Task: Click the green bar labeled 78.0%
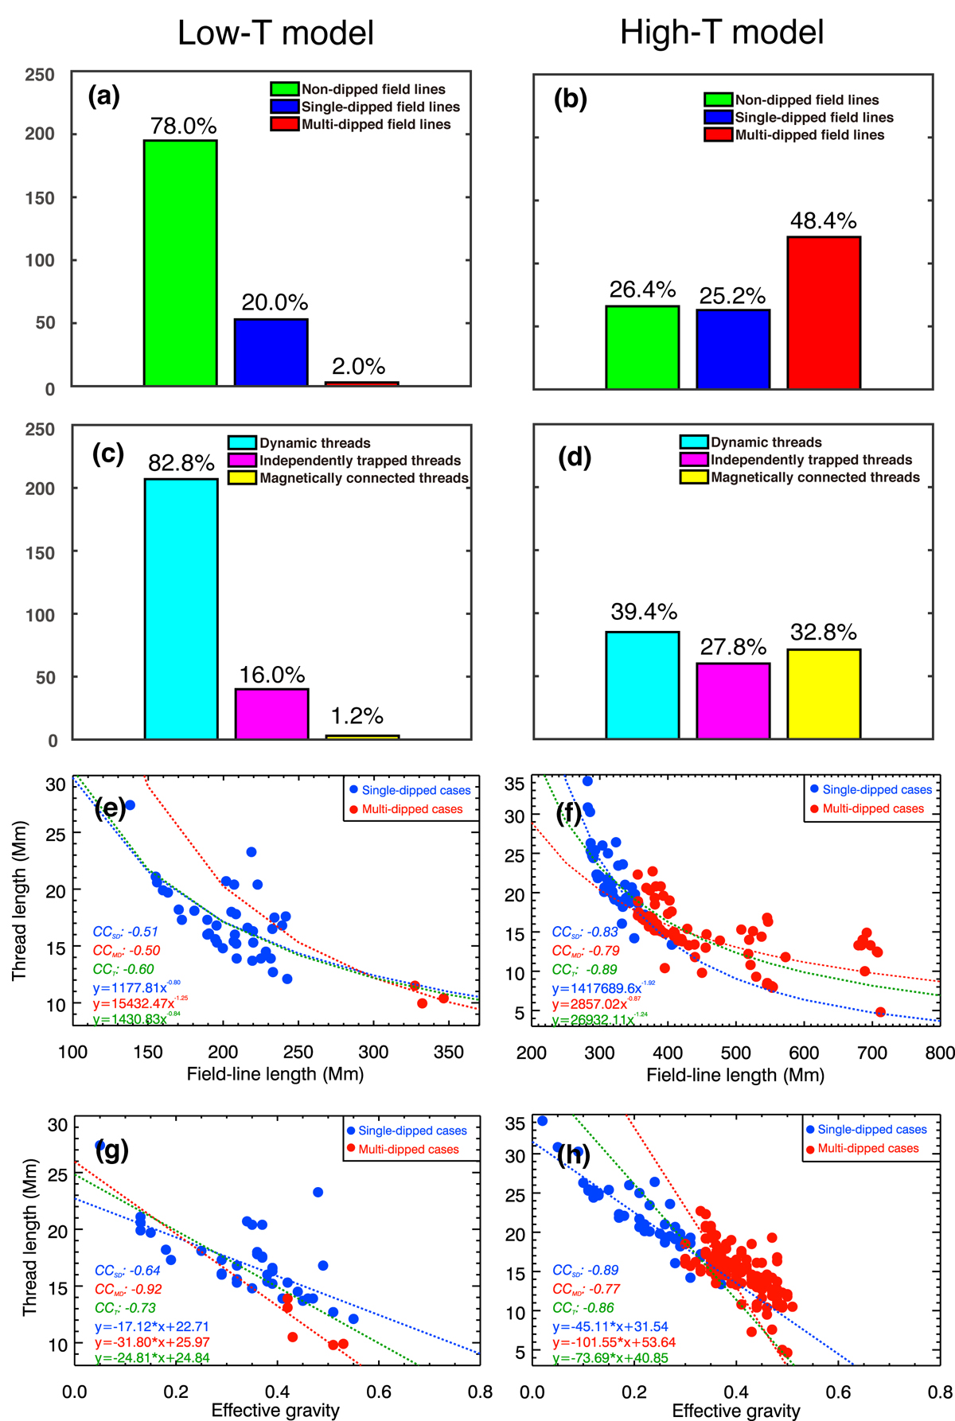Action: pos(180,263)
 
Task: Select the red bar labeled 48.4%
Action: pos(824,312)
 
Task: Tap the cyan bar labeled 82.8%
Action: pos(181,609)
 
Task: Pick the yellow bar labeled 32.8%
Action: pos(824,694)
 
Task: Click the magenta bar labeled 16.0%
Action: pos(271,714)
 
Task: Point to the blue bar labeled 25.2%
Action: pos(733,348)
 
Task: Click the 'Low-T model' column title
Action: pos(275,33)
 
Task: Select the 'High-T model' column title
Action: pos(722,33)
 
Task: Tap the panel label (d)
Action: pos(575,457)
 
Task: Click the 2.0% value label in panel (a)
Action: pos(358,367)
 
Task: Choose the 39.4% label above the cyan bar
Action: pos(644,612)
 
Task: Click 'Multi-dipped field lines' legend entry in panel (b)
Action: pos(809,135)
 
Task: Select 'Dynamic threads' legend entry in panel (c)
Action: pos(314,443)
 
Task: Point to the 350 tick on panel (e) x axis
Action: pos(448,1052)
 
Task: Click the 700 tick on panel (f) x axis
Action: pos(871,1053)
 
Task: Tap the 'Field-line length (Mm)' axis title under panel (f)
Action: pos(735,1076)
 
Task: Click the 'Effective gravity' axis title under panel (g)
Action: pos(275,1411)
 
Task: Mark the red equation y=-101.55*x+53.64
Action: pos(614,1342)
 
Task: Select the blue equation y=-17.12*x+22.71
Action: pos(152,1326)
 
